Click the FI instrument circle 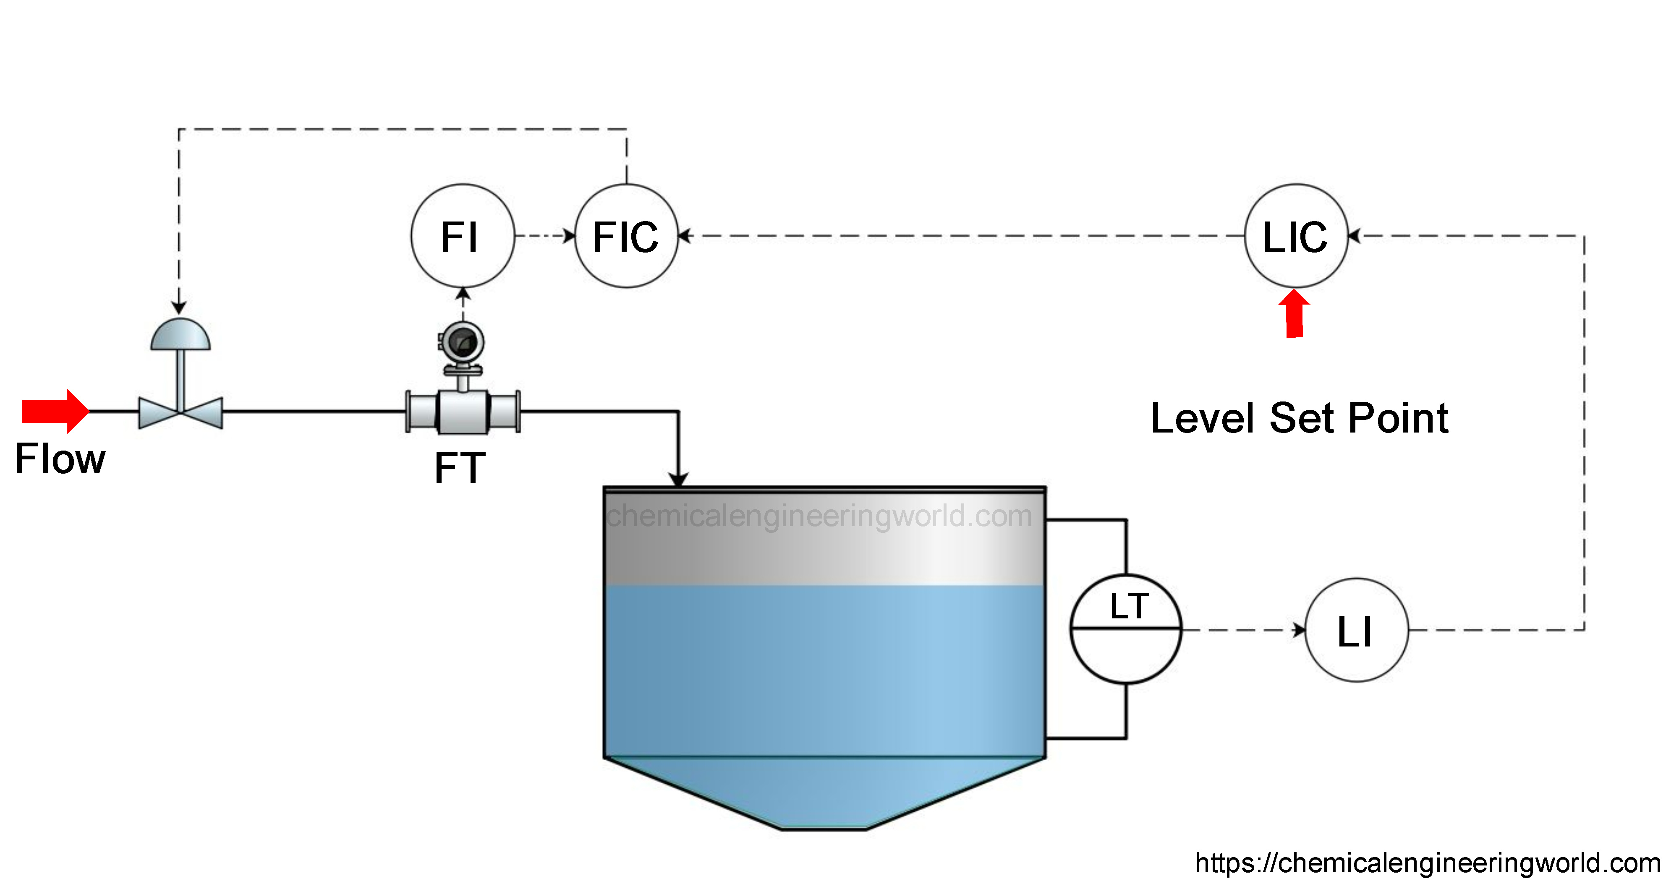(x=462, y=236)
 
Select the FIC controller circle (x=626, y=236)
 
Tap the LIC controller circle (x=1296, y=236)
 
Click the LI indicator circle (x=1356, y=630)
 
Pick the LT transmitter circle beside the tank (x=1126, y=629)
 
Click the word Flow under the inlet (x=60, y=459)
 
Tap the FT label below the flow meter (x=460, y=468)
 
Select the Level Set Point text (x=1299, y=418)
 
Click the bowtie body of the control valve (x=180, y=412)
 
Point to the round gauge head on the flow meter (x=462, y=341)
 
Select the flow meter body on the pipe (x=463, y=412)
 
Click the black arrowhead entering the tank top (x=678, y=479)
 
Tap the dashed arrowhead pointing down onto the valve (x=179, y=308)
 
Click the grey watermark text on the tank (x=819, y=516)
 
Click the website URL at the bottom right (x=1428, y=863)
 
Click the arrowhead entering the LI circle (x=1299, y=630)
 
